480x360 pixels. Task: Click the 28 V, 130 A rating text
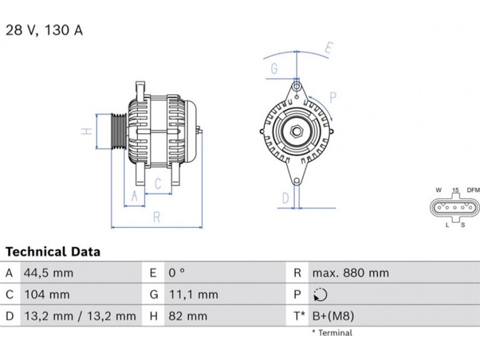44,30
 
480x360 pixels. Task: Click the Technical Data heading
53,251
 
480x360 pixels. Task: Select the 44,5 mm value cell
49,273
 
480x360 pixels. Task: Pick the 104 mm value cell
47,295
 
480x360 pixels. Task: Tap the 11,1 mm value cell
193,295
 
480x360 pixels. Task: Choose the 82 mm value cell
188,316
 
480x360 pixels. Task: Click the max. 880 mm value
350,273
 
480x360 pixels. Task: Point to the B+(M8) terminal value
333,316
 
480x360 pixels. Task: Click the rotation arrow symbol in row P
320,295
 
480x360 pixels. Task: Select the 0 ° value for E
176,273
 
